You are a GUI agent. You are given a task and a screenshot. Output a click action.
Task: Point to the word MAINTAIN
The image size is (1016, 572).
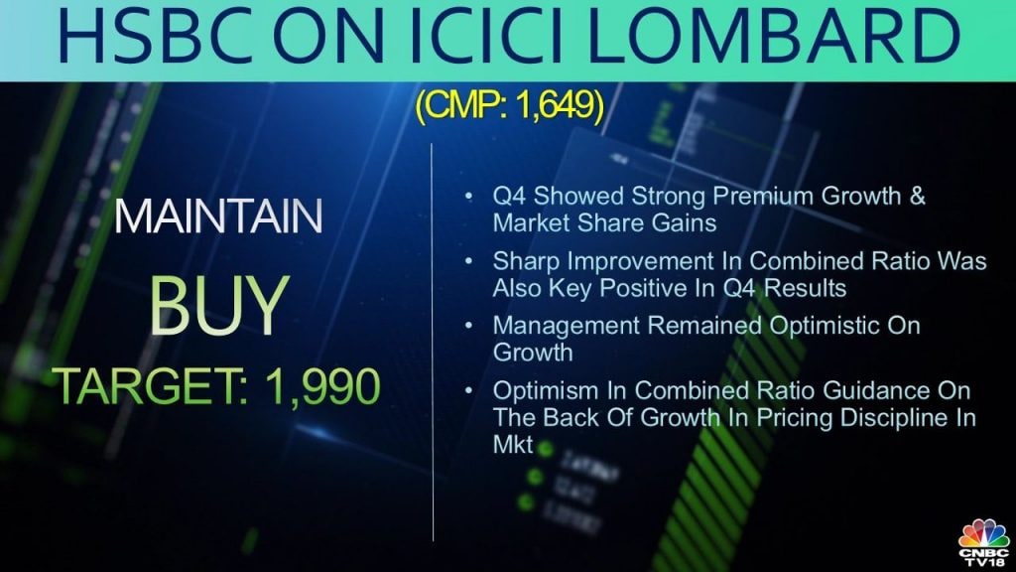(218, 216)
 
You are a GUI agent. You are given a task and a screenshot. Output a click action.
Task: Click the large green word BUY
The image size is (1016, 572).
(219, 306)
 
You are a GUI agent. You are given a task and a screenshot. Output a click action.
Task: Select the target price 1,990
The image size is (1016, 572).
(322, 386)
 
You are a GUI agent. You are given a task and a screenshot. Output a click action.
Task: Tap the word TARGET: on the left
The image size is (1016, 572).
(152, 385)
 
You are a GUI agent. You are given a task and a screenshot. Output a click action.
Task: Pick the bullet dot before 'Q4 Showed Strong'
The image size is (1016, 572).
(469, 196)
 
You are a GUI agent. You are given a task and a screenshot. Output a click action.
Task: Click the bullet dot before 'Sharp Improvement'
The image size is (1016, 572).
(469, 261)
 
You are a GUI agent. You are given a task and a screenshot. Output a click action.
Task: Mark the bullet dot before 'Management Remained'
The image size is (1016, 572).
(469, 326)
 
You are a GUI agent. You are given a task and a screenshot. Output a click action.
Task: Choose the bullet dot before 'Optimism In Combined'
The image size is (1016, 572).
(469, 390)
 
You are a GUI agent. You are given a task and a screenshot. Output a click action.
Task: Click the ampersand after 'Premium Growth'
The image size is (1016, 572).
(917, 196)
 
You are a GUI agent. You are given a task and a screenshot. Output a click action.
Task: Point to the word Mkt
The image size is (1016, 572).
(513, 445)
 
